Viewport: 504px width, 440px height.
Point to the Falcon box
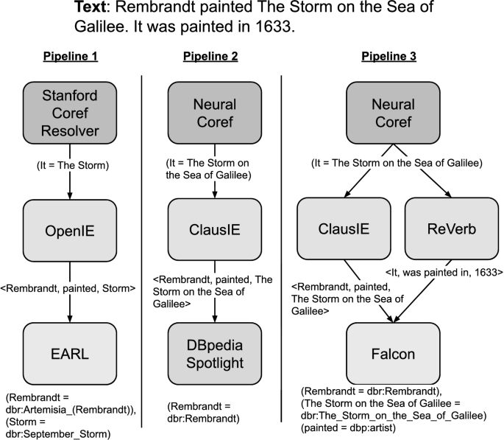click(398, 353)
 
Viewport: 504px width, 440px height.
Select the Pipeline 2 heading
click(215, 56)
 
